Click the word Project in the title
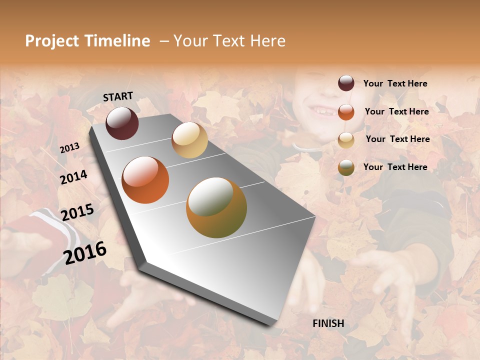click(52, 41)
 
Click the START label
click(118, 96)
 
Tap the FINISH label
click(328, 323)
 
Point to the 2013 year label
click(69, 148)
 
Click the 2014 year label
click(73, 177)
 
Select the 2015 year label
click(77, 212)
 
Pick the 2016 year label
click(85, 252)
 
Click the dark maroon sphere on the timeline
click(122, 123)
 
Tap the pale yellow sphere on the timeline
click(189, 140)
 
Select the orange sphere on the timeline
click(145, 180)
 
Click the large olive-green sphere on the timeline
click(216, 207)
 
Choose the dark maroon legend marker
click(346, 83)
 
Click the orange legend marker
click(346, 111)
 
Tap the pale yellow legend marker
click(346, 139)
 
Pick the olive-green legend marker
click(346, 167)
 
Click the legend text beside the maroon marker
click(395, 84)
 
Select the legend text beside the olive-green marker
click(395, 167)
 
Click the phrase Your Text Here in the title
click(229, 41)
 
